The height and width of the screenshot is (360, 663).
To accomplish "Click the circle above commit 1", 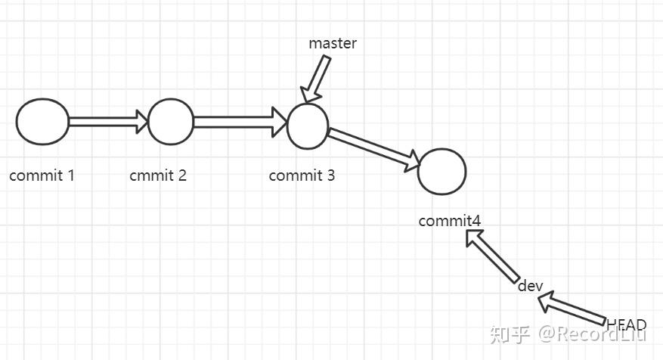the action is (x=42, y=121).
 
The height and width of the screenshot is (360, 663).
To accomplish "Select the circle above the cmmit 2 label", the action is (x=170, y=121).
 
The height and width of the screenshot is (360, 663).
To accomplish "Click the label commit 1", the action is (x=42, y=175).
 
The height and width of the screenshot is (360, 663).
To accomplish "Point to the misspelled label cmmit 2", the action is (x=158, y=175).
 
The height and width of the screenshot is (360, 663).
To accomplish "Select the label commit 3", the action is (x=302, y=175).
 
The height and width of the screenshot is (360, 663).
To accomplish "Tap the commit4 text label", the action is (x=449, y=221).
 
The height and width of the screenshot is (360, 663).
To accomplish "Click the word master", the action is (x=333, y=43).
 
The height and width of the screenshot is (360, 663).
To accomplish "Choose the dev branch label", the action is (x=531, y=286).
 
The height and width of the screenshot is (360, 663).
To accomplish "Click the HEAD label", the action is (x=627, y=325).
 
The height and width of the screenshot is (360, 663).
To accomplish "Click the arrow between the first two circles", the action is (x=107, y=121).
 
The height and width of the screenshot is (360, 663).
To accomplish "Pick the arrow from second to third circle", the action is (x=239, y=121).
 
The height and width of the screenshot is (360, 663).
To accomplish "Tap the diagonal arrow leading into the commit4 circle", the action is (x=373, y=147).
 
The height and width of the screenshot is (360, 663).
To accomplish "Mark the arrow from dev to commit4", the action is (x=491, y=256).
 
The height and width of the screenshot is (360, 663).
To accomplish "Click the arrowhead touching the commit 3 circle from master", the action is (x=310, y=96).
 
